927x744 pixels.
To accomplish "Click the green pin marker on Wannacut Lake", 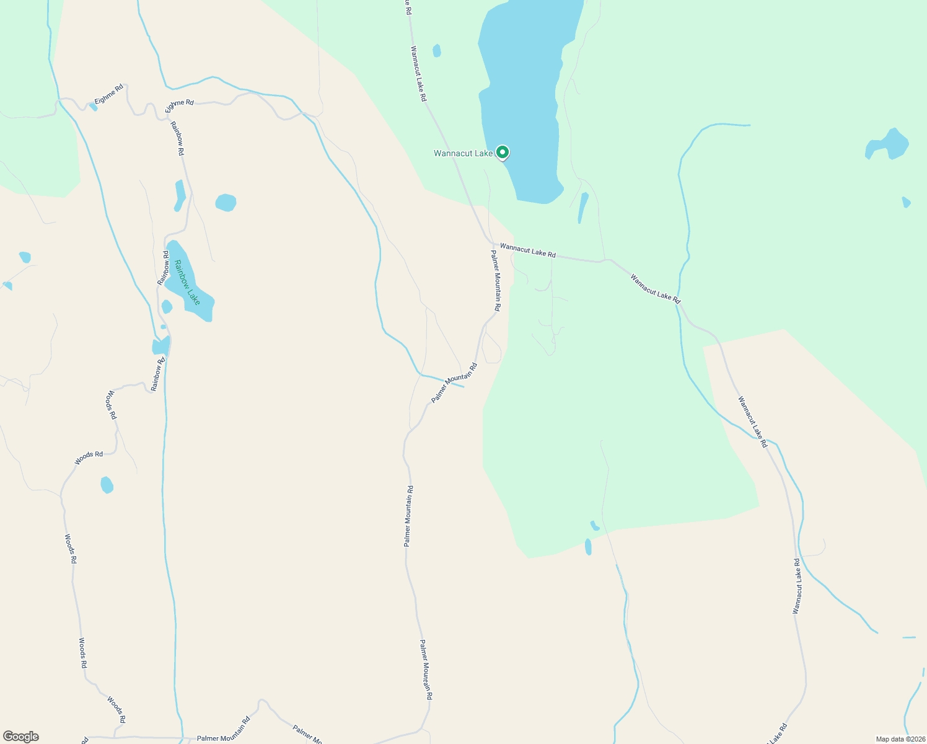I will pyautogui.click(x=503, y=152).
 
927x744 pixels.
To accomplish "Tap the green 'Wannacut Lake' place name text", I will pyautogui.click(x=463, y=153).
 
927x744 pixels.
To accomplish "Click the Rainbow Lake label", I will pyautogui.click(x=187, y=283).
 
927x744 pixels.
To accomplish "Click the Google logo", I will pyautogui.click(x=20, y=737).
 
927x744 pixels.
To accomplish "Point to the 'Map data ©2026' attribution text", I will pyautogui.click(x=900, y=739).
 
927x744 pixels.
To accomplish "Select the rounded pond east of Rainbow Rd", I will pyautogui.click(x=226, y=203).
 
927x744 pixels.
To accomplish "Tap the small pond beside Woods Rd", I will pyautogui.click(x=107, y=485).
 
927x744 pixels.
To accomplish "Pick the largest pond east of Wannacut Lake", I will pyautogui.click(x=889, y=145).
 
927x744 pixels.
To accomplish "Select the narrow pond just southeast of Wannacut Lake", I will pyautogui.click(x=582, y=207).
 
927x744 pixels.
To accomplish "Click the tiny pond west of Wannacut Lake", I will pyautogui.click(x=437, y=51).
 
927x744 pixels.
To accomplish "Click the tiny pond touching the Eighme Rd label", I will pyautogui.click(x=93, y=107).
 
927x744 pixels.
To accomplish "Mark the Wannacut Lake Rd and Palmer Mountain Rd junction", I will pyautogui.click(x=492, y=244).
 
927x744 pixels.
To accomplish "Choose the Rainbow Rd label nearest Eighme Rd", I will pyautogui.click(x=178, y=138).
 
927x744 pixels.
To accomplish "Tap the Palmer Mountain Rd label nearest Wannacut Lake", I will pyautogui.click(x=496, y=280).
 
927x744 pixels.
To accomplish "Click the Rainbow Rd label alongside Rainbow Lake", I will pyautogui.click(x=164, y=268).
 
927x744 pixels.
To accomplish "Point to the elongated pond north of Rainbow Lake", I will pyautogui.click(x=180, y=195).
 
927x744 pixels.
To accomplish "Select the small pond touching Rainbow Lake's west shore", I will pyautogui.click(x=166, y=307).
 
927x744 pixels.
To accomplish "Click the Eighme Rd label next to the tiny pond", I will pyautogui.click(x=109, y=94).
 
